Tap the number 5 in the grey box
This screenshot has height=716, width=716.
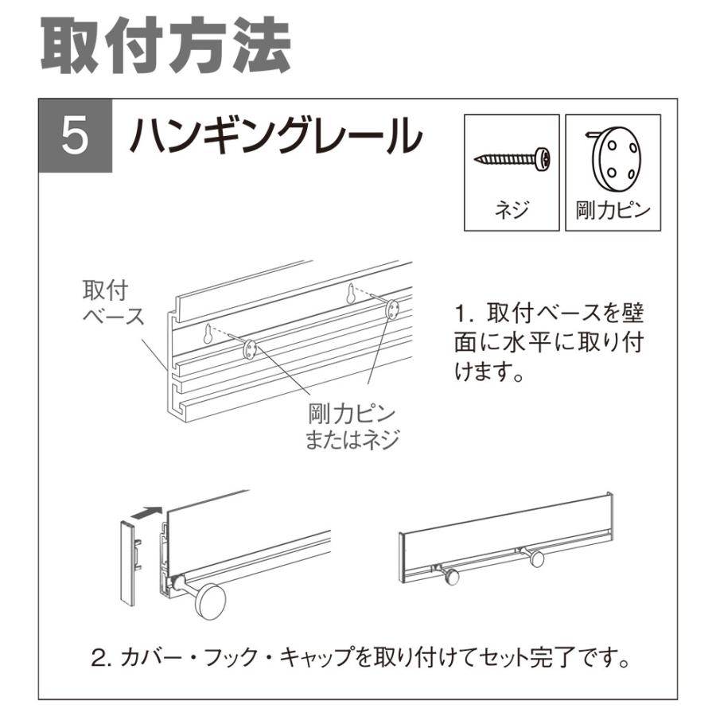(x=75, y=137)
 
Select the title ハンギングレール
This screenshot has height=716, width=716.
(x=274, y=137)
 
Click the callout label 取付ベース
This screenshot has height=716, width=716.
(x=112, y=302)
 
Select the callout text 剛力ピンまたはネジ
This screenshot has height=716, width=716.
(x=352, y=427)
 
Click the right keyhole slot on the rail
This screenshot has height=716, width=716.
(x=350, y=294)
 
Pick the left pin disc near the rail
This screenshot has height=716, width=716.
(x=249, y=348)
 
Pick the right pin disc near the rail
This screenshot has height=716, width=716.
(x=393, y=309)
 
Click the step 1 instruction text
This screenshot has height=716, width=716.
(x=549, y=342)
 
